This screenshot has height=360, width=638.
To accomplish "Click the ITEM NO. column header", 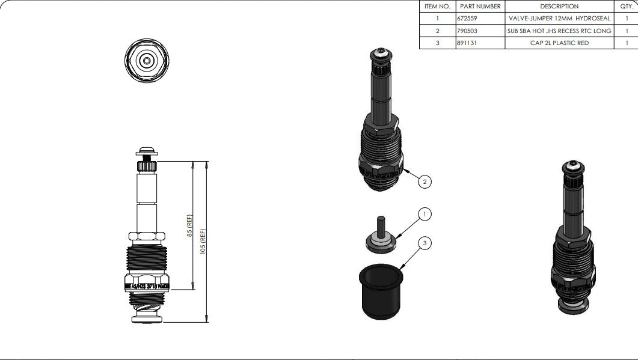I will pos(437,6).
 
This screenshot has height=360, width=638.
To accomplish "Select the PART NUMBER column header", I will pos(480,6).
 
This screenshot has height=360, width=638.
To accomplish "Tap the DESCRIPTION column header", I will pos(559,6).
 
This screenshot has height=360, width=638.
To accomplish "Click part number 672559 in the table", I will pos(467,19).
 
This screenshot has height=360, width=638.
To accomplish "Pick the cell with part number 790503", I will pos(467,31).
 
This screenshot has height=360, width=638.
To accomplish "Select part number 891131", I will pos(467,43).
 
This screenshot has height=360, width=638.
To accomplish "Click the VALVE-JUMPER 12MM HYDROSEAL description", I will pos(559,19).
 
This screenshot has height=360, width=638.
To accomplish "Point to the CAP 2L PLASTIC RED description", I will pos(559,43).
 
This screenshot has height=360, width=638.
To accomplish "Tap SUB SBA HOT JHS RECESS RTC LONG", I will pos(559,31).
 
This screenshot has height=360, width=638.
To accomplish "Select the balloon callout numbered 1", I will pos(425,214).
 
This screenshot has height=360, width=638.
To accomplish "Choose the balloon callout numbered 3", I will pos(425,243).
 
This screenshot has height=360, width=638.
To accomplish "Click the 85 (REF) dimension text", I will pos(190,226).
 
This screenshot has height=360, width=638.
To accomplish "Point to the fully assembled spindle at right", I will pos(572,240).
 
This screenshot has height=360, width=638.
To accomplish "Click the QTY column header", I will pos(626,6).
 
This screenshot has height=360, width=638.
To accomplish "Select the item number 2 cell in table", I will pos(437,31).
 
